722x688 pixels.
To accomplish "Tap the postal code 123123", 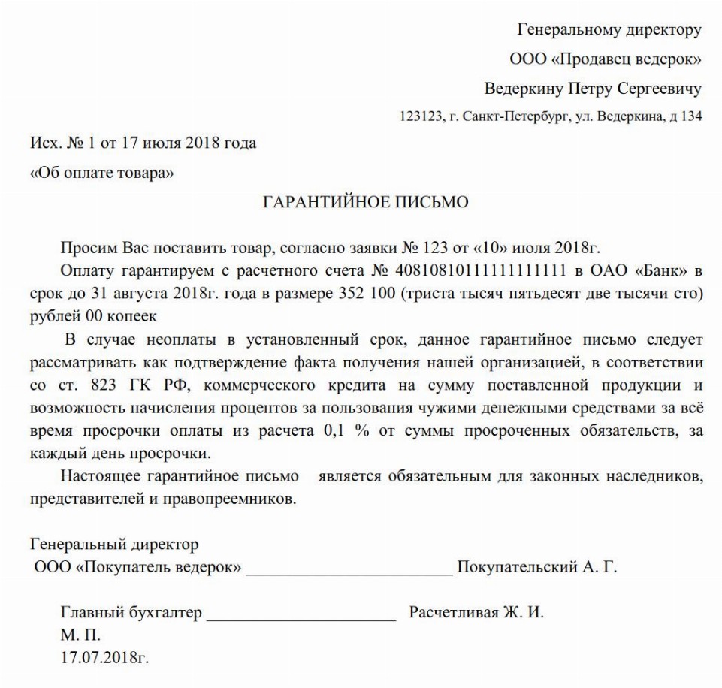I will pyautogui.click(x=419, y=117).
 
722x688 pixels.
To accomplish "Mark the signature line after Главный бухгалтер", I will pyautogui.click(x=301, y=614).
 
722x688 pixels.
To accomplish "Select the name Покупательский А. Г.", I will pyautogui.click(x=537, y=567).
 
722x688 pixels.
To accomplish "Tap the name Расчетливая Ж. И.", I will pyautogui.click(x=476, y=612).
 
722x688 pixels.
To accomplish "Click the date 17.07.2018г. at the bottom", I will pyautogui.click(x=104, y=658).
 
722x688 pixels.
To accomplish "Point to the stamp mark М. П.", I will pyautogui.click(x=80, y=635).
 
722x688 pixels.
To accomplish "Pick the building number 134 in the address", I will pyautogui.click(x=690, y=117).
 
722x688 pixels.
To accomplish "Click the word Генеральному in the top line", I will pyautogui.click(x=563, y=30).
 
